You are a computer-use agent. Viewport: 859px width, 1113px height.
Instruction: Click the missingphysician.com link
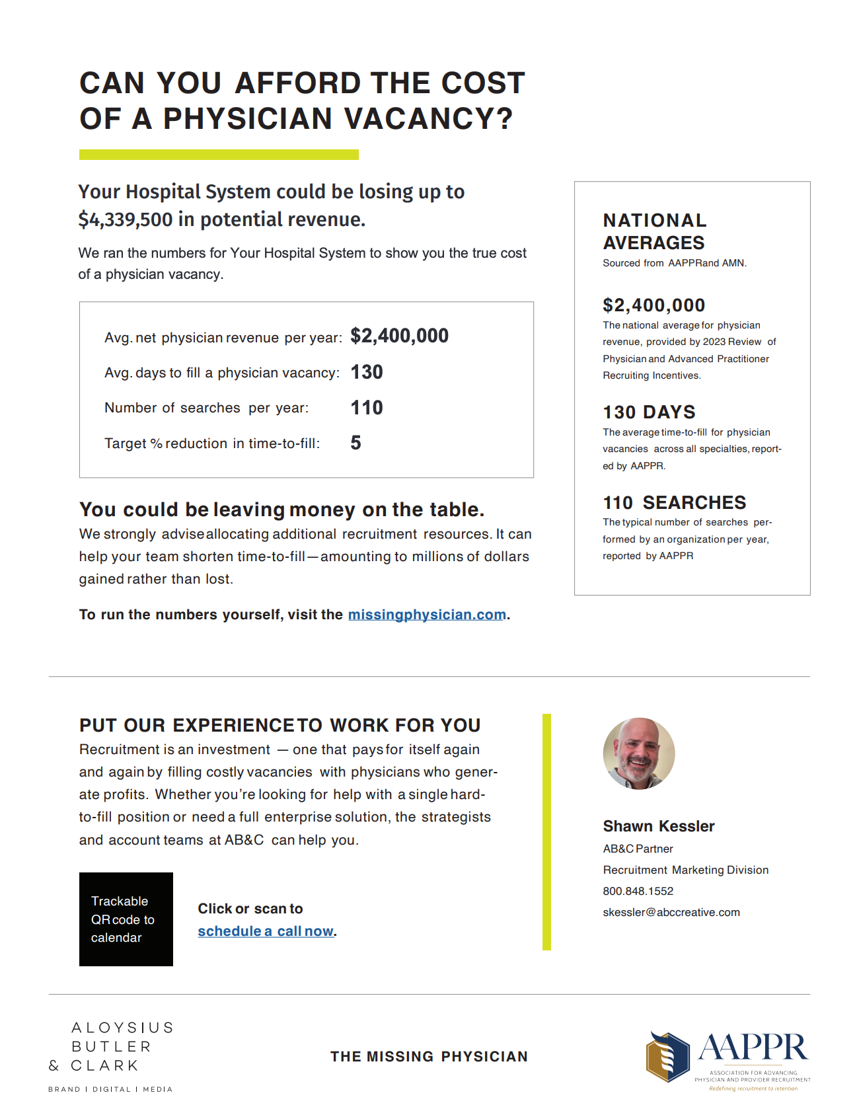pyautogui.click(x=427, y=615)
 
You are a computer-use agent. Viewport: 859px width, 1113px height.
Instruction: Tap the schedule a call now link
pyautogui.click(x=266, y=931)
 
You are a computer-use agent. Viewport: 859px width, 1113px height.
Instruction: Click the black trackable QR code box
pyautogui.click(x=126, y=919)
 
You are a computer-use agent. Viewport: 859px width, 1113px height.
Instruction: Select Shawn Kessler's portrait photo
pyautogui.click(x=639, y=753)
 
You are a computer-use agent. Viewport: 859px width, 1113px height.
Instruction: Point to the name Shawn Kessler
pyautogui.click(x=658, y=826)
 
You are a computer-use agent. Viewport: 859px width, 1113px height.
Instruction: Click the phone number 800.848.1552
pyautogui.click(x=638, y=891)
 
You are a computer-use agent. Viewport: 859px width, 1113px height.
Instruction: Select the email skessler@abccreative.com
pyautogui.click(x=671, y=912)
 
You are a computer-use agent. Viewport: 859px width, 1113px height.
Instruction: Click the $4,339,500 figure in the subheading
pyautogui.click(x=126, y=219)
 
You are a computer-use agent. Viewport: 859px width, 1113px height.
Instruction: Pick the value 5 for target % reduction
pyautogui.click(x=355, y=443)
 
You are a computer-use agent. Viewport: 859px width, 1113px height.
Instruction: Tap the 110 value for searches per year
pyautogui.click(x=367, y=408)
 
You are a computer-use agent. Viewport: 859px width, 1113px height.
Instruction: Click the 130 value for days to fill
pyautogui.click(x=367, y=372)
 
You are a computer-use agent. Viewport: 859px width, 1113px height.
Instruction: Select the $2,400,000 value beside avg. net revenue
pyautogui.click(x=399, y=336)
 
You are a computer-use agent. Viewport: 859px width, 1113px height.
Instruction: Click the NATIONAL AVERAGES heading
pyautogui.click(x=654, y=231)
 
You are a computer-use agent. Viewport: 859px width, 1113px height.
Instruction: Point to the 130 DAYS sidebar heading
pyautogui.click(x=649, y=412)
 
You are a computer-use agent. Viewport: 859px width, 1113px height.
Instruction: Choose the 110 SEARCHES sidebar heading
pyautogui.click(x=674, y=503)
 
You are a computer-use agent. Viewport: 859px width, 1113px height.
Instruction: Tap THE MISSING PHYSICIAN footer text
pyautogui.click(x=429, y=1057)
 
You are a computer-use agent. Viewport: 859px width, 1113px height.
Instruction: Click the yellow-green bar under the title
pyautogui.click(x=219, y=155)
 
